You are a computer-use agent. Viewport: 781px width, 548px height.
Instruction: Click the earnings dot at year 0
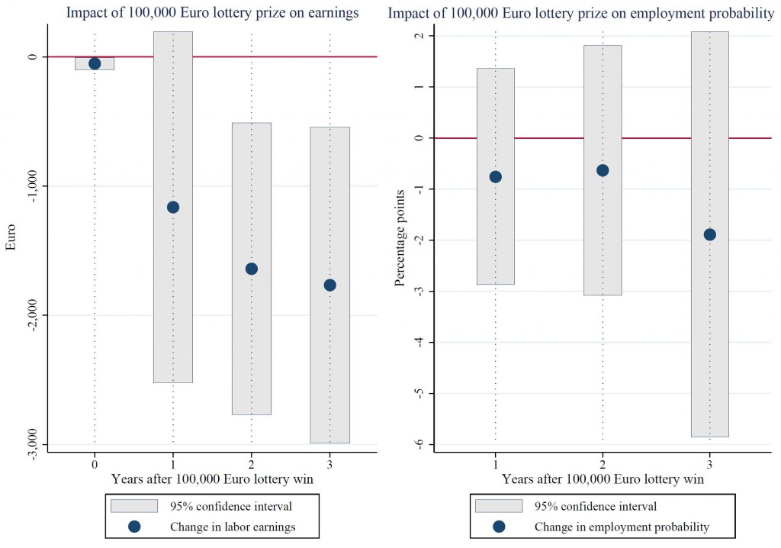[95, 63]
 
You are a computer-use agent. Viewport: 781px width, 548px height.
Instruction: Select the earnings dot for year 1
[173, 207]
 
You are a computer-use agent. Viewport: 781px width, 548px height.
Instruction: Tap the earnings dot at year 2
[252, 269]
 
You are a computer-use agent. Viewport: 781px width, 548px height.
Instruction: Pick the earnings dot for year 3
[329, 285]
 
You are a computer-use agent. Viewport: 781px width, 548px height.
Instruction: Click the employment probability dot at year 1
[496, 177]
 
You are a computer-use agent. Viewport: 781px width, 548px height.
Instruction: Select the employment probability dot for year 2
[603, 170]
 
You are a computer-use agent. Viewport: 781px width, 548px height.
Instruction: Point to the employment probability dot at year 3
[709, 234]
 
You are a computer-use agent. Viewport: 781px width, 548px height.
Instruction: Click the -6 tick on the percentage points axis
[419, 444]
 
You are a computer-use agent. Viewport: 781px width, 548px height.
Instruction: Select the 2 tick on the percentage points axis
[419, 36]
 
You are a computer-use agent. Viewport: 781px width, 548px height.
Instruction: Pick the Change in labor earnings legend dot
[134, 526]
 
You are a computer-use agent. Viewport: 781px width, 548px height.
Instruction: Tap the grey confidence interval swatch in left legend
[134, 505]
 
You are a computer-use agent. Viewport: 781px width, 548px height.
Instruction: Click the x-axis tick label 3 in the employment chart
[709, 463]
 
